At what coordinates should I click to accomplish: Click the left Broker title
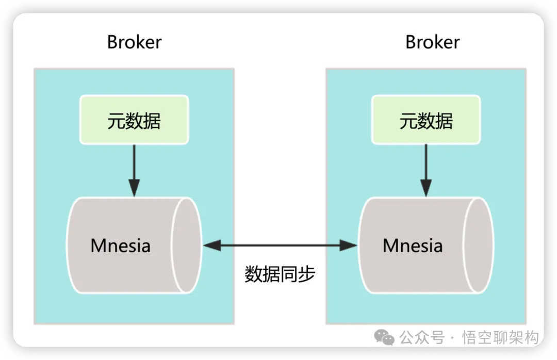click(134, 42)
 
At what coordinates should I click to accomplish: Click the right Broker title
click(432, 42)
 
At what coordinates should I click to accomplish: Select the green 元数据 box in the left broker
click(134, 120)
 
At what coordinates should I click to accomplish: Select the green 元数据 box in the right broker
click(426, 120)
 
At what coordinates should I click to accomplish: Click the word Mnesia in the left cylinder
click(120, 246)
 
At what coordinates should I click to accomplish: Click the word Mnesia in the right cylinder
click(413, 246)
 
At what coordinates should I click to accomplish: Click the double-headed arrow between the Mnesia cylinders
click(280, 246)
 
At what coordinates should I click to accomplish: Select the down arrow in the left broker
click(134, 170)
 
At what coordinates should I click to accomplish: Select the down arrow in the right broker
click(426, 170)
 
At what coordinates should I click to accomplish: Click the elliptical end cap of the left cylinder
click(187, 245)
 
